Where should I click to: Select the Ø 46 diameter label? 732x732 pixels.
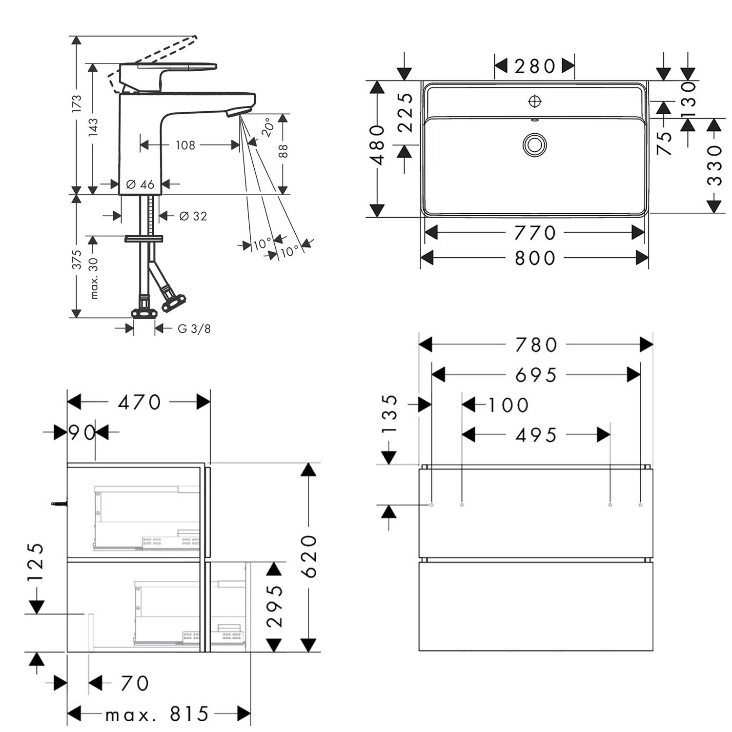(140, 184)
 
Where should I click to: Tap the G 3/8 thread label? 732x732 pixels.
(194, 328)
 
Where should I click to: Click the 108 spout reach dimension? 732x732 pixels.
(185, 145)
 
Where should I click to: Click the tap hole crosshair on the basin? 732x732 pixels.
(535, 102)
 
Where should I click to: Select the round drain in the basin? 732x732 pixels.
(535, 145)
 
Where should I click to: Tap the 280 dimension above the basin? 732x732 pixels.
(535, 66)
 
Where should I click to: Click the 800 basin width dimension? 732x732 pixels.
(535, 258)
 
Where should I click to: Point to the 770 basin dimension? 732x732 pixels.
(535, 233)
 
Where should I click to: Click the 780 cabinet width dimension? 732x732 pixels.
(536, 345)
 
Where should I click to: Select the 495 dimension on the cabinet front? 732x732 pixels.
(536, 435)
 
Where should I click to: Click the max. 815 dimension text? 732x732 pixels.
(157, 715)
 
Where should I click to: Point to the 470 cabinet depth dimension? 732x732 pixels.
(140, 403)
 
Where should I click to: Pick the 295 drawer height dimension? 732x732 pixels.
(275, 606)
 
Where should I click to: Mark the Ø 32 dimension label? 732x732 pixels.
(193, 216)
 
